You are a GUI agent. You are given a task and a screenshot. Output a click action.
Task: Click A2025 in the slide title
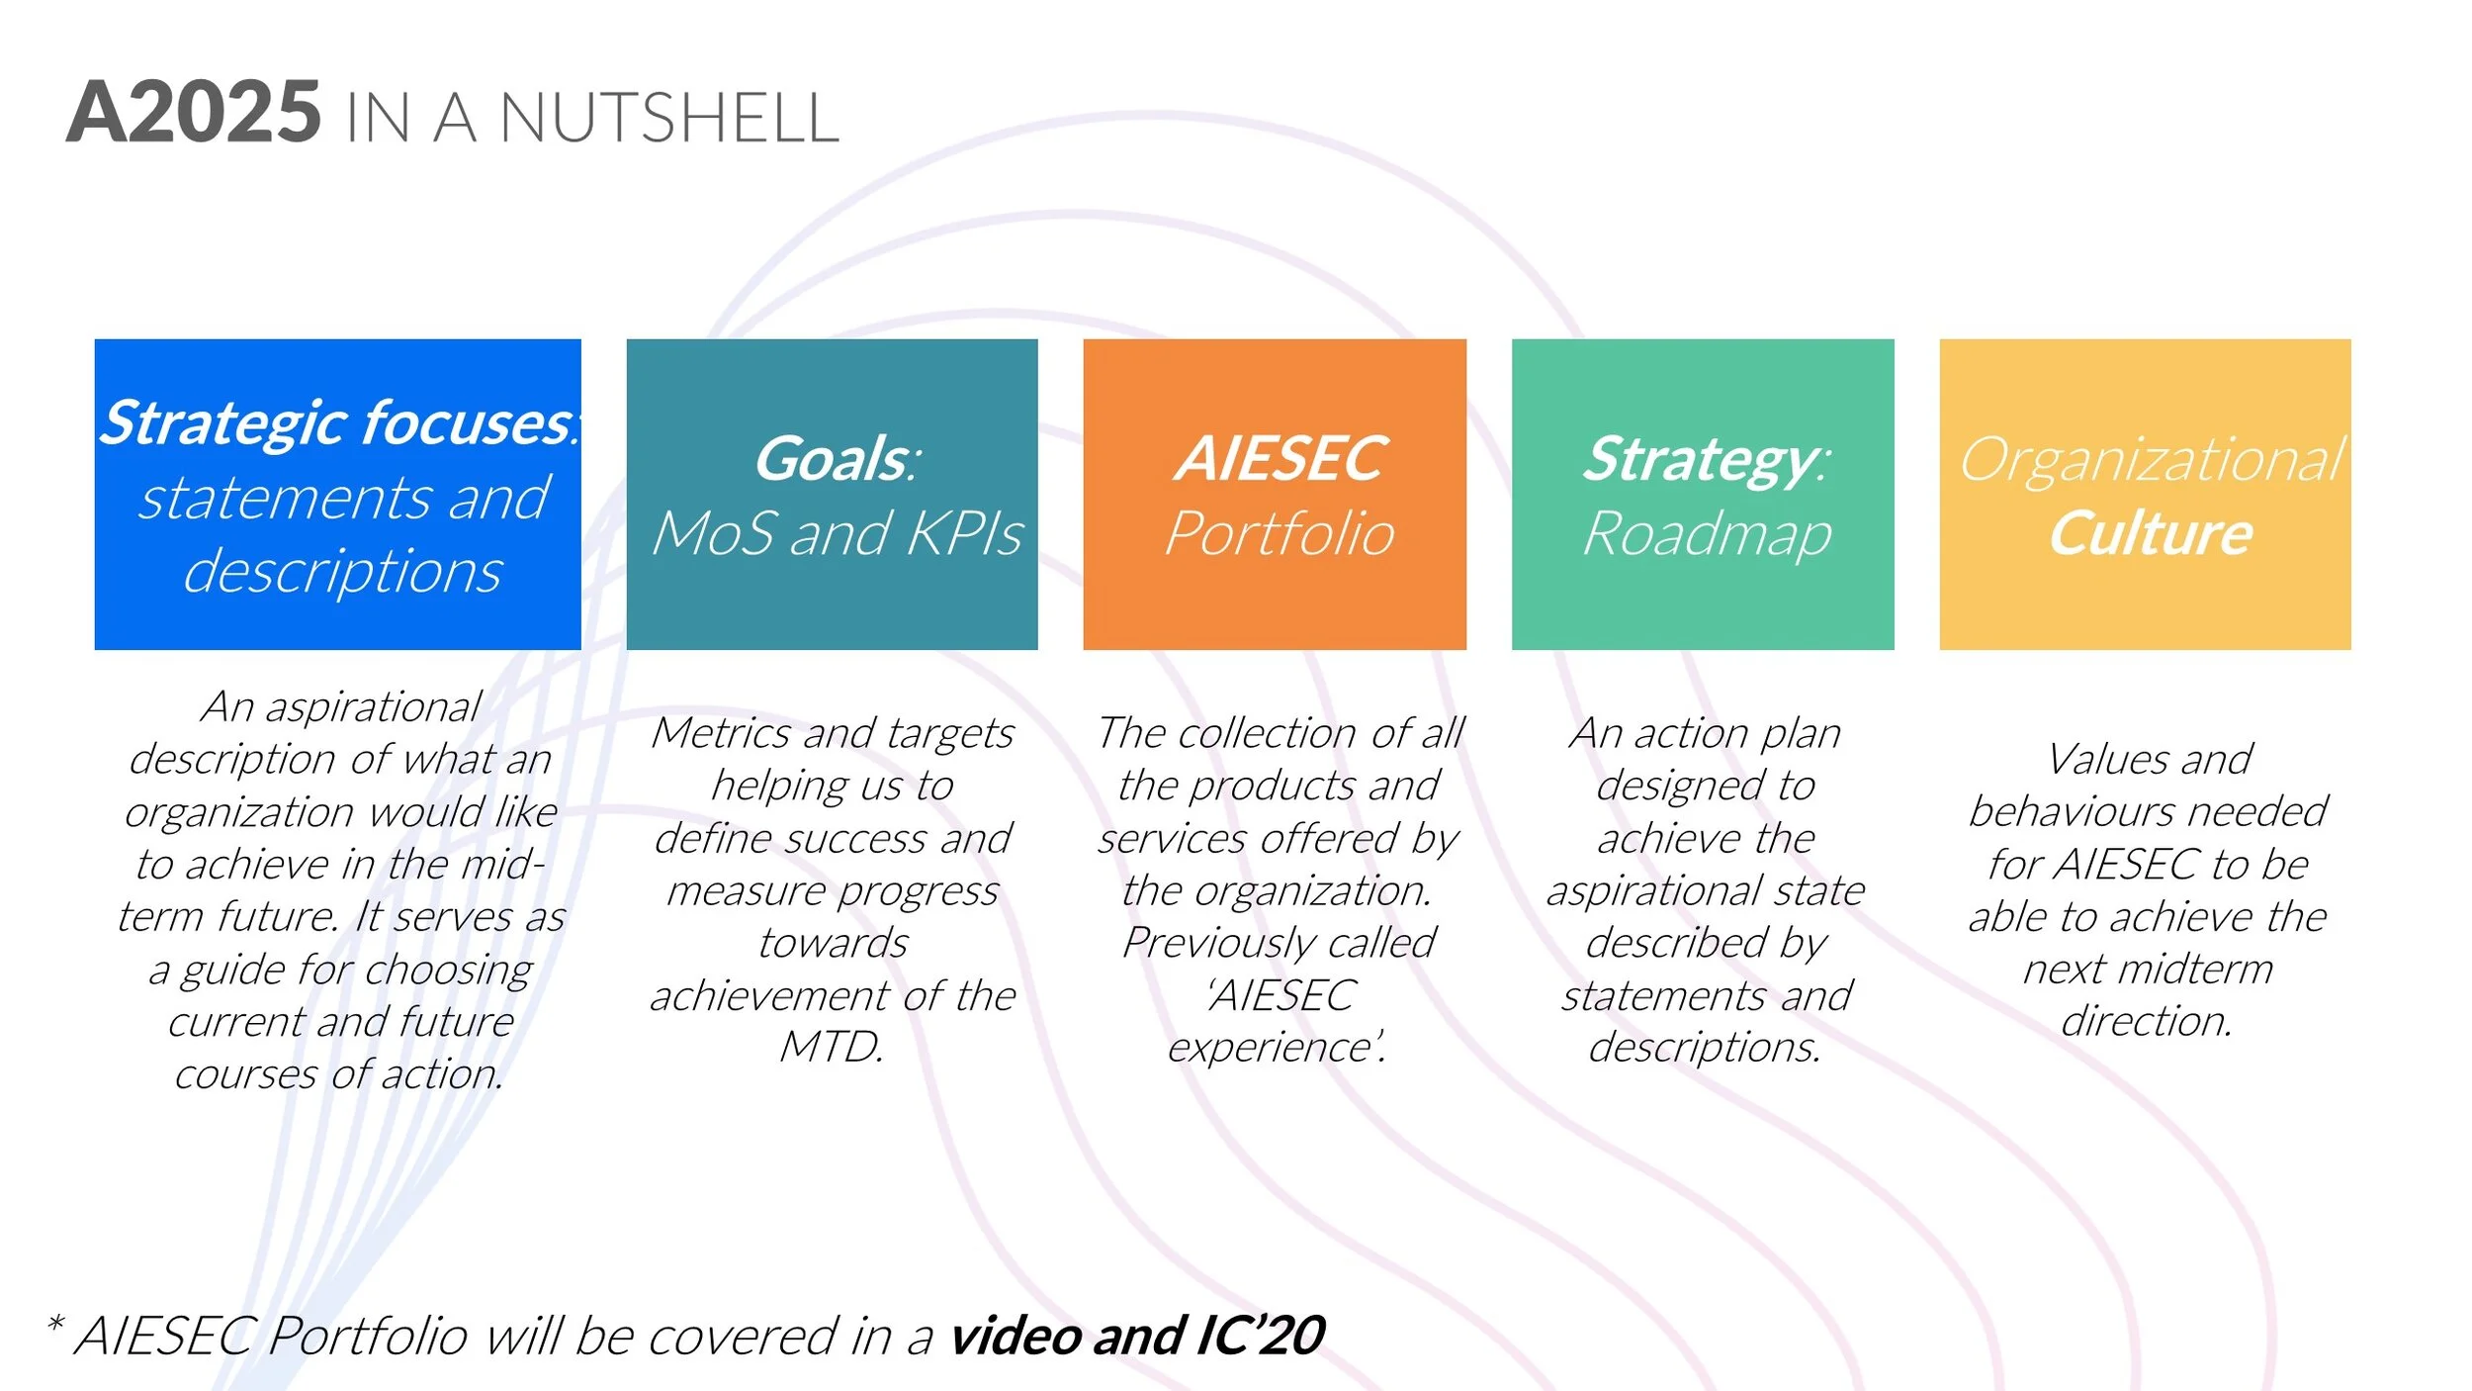point(194,113)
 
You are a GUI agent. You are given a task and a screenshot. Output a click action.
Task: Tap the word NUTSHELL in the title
point(668,119)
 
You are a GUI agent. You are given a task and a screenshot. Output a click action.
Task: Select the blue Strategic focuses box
point(337,494)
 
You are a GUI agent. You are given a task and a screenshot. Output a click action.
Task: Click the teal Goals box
point(832,494)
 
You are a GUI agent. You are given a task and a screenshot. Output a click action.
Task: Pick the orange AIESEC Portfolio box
point(1274,494)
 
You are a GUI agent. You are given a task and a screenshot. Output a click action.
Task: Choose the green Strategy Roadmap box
point(1702,494)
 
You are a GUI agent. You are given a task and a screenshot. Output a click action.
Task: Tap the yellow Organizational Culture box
point(2144,494)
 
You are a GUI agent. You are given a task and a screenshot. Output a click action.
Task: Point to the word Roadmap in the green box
point(1707,535)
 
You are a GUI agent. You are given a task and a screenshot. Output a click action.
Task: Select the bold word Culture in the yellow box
point(2150,534)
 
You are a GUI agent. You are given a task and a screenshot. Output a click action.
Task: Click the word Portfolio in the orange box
point(1278,534)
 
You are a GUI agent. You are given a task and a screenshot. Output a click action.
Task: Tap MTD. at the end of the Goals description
point(832,1047)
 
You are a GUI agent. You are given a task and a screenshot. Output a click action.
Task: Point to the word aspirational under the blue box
point(373,706)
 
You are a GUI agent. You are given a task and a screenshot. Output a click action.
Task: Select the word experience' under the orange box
point(1276,1047)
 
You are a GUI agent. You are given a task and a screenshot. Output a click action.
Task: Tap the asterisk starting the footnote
point(55,1324)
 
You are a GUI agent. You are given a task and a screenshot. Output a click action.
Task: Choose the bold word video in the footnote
point(1015,1336)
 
